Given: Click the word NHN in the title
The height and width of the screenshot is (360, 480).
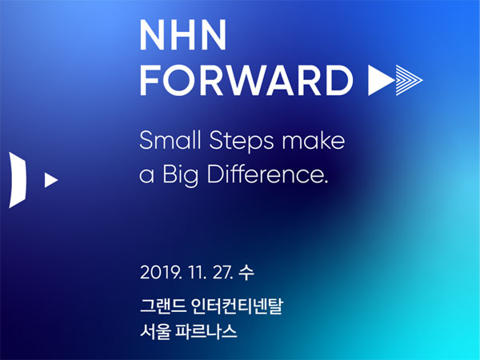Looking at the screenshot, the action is point(183,35).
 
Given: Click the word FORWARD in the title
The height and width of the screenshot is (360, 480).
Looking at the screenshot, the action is point(246,80).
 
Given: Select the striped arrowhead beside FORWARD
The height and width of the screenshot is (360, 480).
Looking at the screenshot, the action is point(410,80).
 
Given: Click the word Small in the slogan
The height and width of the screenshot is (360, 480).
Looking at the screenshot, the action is point(170,140).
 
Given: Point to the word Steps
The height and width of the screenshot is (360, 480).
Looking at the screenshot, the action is point(242,142).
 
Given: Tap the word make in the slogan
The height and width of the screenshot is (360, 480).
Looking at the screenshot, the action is point(314,140).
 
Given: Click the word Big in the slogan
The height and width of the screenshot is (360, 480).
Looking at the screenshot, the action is point(180,175).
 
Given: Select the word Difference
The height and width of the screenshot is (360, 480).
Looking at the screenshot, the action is point(267,174).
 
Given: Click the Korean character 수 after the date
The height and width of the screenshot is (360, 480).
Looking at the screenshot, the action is point(246,273).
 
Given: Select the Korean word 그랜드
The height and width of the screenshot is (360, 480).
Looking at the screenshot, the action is point(163,306).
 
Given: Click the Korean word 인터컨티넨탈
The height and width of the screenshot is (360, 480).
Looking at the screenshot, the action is point(238,306).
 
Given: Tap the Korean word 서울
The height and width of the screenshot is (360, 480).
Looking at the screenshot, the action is point(155,331).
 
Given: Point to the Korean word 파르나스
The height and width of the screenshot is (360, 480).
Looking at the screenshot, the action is point(206,331).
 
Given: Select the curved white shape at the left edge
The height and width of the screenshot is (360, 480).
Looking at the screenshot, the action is point(18,180).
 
